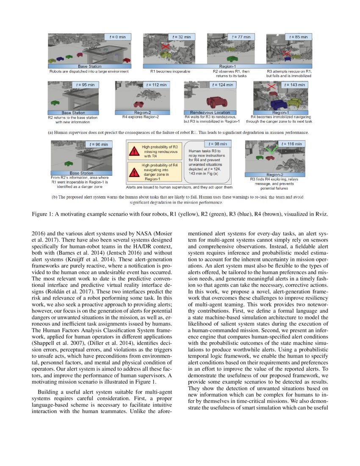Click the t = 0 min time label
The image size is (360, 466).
(x=118, y=37)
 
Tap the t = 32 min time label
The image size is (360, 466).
(x=182, y=37)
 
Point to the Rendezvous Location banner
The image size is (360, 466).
(x=210, y=113)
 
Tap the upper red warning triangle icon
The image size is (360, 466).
(x=134, y=152)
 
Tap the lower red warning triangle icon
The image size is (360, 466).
(x=134, y=172)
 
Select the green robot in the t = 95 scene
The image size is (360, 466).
(x=55, y=103)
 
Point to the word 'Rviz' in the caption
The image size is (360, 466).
(x=320, y=215)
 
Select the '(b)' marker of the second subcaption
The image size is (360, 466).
(x=55, y=197)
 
